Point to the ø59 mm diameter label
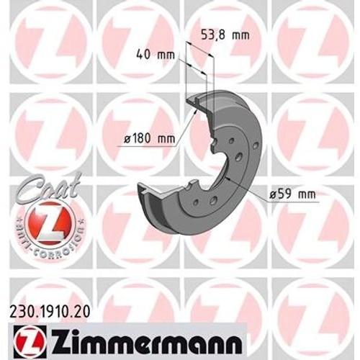click(292, 192)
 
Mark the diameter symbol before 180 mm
click(126, 138)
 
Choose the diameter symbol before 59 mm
click(274, 192)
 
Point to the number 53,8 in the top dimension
click(214, 33)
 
